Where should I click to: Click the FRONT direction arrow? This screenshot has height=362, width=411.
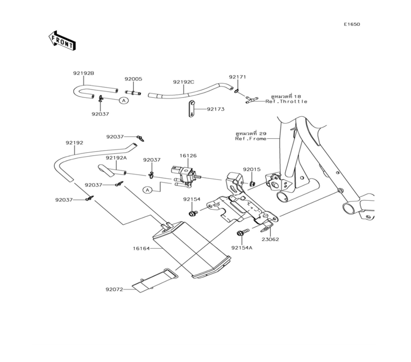point(62,41)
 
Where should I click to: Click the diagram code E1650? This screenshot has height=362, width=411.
point(352,24)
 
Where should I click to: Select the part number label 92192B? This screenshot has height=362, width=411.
point(83,74)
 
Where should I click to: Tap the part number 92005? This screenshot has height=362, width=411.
point(133,79)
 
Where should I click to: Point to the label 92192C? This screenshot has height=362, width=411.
point(183,82)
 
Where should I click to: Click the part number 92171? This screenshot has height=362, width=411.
point(238,77)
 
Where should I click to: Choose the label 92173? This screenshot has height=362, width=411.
point(216,109)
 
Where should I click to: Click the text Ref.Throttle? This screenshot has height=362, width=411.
point(286,102)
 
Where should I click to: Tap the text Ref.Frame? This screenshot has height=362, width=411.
point(251,139)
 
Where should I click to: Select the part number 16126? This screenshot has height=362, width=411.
point(188,156)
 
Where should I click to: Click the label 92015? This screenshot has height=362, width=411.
point(252,169)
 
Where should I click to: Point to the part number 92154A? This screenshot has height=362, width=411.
point(242,248)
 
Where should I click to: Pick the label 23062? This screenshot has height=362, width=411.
point(270,239)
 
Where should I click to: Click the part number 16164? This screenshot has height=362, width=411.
point(141,248)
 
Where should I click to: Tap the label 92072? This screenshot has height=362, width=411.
point(114,290)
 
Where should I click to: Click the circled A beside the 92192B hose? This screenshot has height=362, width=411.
point(124,100)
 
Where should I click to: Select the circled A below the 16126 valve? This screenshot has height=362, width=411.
point(148,190)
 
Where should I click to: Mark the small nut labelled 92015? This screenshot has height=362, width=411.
point(252,183)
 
